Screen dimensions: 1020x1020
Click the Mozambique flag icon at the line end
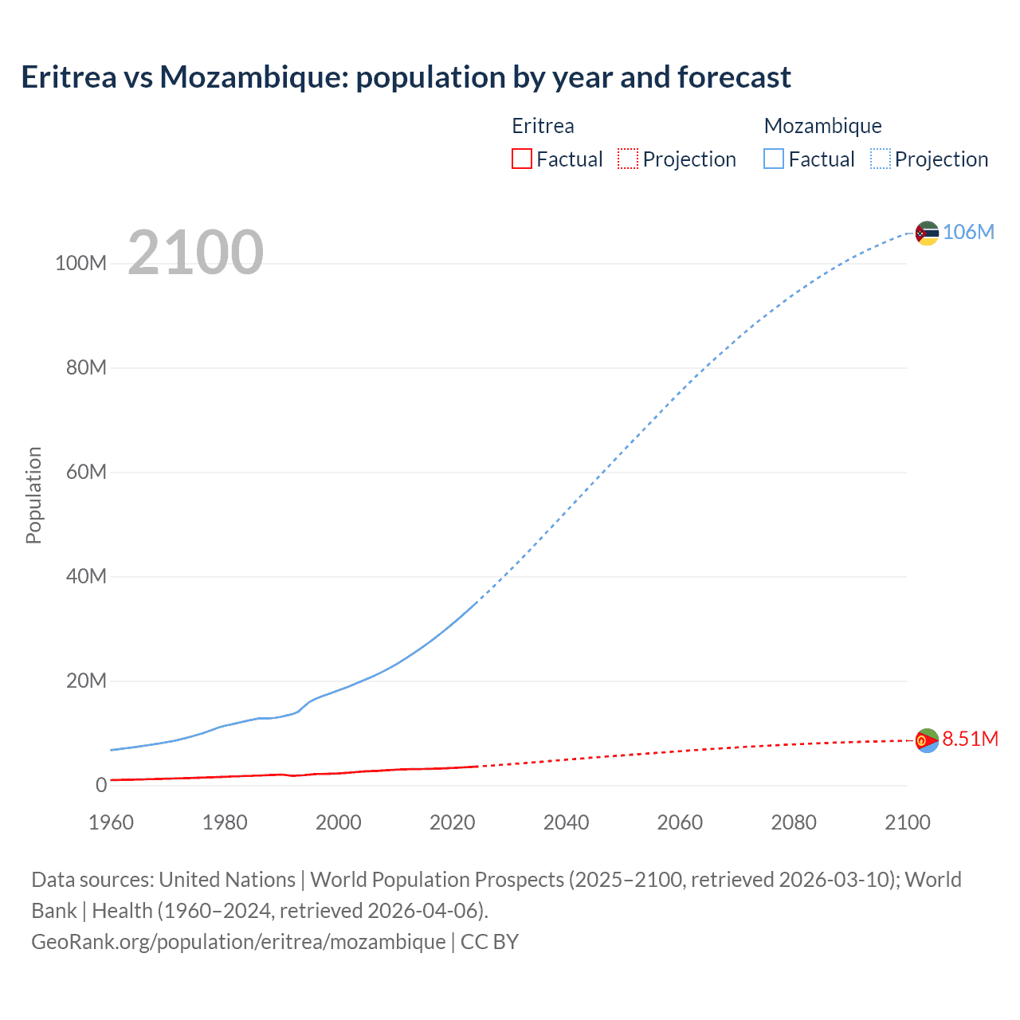(927, 233)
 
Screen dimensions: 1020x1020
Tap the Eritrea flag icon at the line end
(927, 740)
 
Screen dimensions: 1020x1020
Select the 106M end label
(968, 232)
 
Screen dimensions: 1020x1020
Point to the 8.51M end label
(970, 739)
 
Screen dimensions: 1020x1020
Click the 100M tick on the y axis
(80, 264)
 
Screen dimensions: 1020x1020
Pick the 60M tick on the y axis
(86, 472)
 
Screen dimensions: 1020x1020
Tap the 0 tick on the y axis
(101, 785)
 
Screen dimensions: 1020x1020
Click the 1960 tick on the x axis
(111, 822)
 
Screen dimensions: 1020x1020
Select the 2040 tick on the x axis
(566, 822)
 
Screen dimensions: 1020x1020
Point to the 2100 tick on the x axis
(907, 822)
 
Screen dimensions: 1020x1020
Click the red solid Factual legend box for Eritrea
(521, 159)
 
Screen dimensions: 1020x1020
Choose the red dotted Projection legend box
(628, 159)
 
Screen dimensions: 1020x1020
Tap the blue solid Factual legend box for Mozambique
(773, 159)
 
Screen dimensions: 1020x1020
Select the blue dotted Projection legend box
(880, 159)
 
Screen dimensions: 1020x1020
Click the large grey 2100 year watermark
(195, 252)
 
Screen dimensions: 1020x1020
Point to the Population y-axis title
(33, 495)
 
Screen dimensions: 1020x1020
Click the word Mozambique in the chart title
(253, 77)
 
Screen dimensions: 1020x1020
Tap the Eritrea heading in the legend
(543, 126)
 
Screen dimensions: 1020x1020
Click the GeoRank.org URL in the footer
(238, 941)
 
